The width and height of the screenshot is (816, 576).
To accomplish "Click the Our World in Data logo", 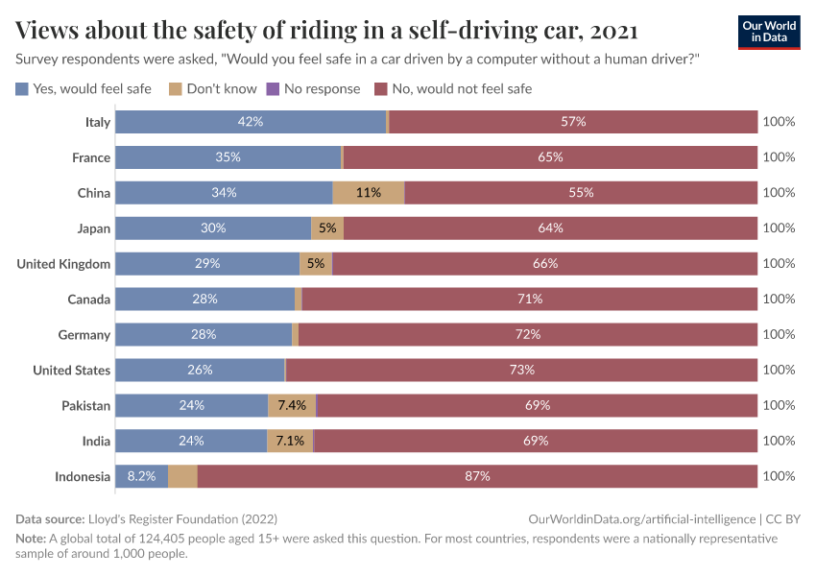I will (x=768, y=32).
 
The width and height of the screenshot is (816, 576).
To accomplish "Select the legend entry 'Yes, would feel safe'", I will (x=84, y=88).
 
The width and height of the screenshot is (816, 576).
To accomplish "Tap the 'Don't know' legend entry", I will (x=212, y=88).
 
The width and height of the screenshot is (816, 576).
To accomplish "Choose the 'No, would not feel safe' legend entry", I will (x=452, y=88).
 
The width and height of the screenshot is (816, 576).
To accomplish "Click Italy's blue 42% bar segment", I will (x=251, y=122).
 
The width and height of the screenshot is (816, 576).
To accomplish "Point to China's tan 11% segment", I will (x=369, y=192).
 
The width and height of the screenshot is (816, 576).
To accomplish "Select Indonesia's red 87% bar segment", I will (x=477, y=476).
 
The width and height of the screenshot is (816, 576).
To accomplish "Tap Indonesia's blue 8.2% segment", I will (x=142, y=476).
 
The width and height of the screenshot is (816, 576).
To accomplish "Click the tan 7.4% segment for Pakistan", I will (x=292, y=405).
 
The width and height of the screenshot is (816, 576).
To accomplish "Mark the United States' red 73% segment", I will (x=521, y=370).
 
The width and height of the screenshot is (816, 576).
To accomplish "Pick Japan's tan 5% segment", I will (x=327, y=228).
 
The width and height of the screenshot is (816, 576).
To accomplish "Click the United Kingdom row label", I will (x=63, y=263).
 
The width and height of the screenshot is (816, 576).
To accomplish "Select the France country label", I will (x=91, y=157).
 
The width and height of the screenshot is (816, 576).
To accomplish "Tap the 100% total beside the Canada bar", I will (x=779, y=299).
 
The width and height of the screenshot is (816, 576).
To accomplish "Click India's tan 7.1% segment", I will (x=290, y=441).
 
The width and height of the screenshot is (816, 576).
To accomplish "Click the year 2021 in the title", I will (x=613, y=31).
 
